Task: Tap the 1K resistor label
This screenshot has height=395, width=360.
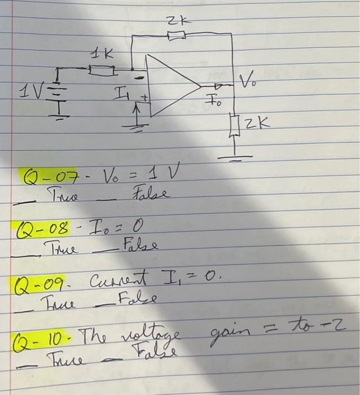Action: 102,55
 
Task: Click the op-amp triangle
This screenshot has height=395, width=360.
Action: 169,86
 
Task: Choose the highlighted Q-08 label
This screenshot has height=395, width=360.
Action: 44,230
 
